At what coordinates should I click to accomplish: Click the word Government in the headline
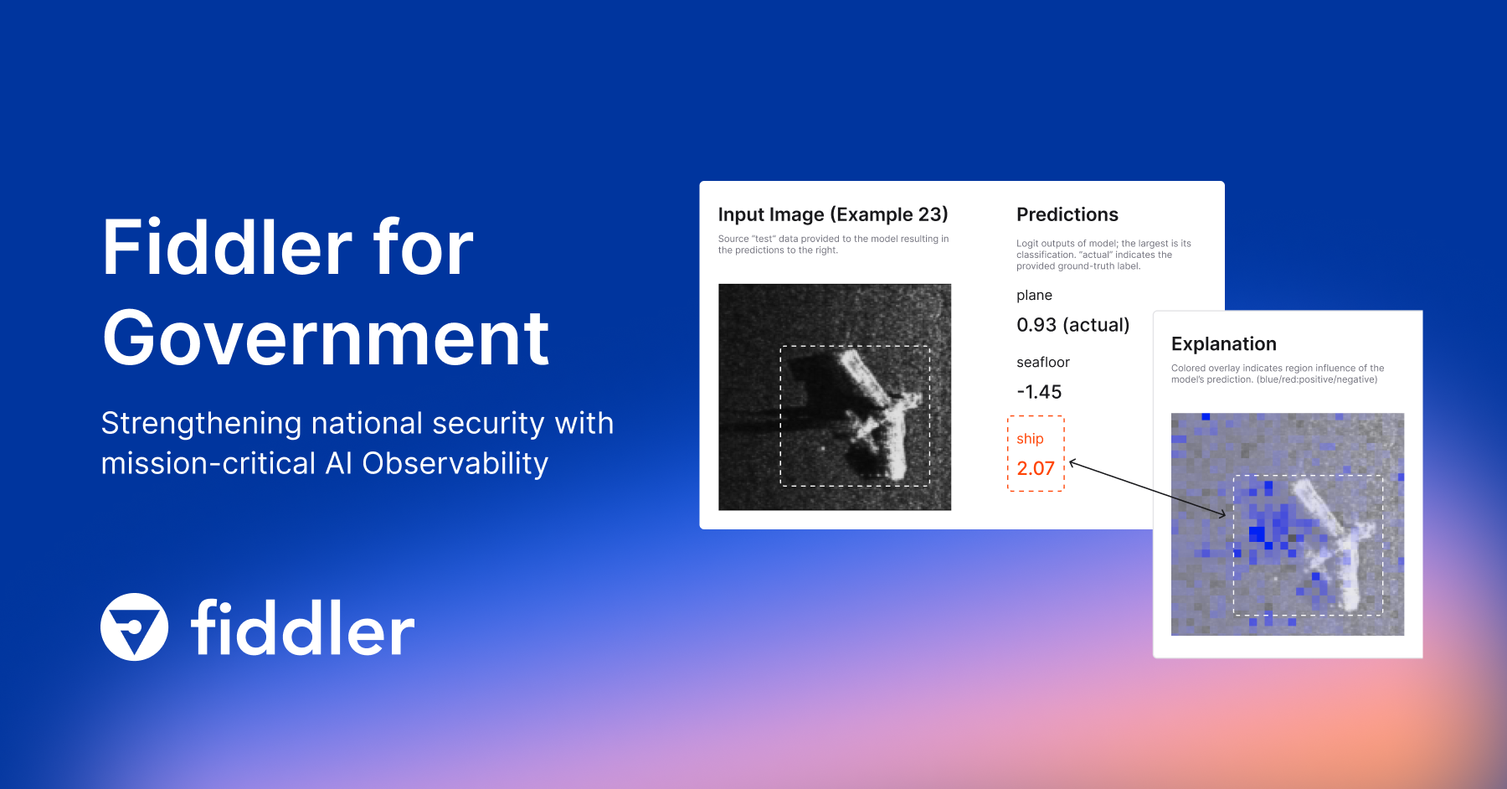[x=325, y=339]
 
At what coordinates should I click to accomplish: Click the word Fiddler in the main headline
[x=227, y=248]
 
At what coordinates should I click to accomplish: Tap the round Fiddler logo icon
[x=134, y=627]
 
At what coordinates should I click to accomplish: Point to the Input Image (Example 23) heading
[x=832, y=214]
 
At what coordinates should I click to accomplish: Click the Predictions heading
[x=1067, y=214]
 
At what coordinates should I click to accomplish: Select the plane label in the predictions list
[x=1034, y=295]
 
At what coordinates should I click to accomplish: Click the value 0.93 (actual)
[x=1072, y=325]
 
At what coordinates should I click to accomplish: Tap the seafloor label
[x=1042, y=362]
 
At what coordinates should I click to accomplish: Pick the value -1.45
[x=1038, y=392]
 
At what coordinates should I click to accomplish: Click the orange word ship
[x=1030, y=439]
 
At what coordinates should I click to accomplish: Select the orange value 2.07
[x=1035, y=468]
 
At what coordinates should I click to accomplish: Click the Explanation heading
[x=1223, y=344]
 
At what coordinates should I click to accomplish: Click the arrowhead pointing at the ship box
[x=1072, y=463]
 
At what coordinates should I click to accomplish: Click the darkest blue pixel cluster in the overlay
[x=1257, y=534]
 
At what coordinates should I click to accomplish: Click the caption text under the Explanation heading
[x=1276, y=374]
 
